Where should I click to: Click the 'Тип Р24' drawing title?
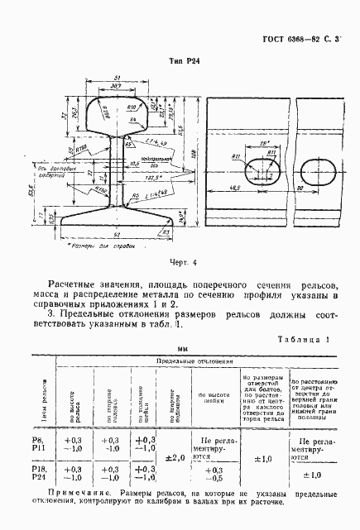click(183, 60)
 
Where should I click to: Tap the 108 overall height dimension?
click(195, 154)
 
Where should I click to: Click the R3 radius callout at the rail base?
click(166, 234)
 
